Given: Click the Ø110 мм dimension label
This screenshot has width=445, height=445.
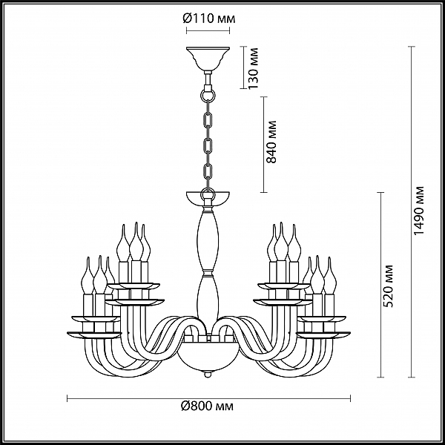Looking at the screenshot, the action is (x=208, y=19).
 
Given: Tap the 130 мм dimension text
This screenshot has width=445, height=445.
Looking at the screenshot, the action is (x=253, y=68).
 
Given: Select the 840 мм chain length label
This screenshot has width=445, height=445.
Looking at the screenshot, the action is (x=271, y=142).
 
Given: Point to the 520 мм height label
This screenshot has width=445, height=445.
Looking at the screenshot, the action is (x=387, y=286).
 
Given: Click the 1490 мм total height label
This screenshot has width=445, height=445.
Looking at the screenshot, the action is (x=418, y=211).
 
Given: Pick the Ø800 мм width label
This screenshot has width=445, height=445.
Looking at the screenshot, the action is (x=207, y=406).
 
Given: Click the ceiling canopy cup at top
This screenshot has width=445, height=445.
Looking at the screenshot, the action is (x=208, y=59).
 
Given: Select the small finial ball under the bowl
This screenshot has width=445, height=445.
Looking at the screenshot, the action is (x=208, y=375).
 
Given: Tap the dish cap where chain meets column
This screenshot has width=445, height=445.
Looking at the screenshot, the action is (x=208, y=198).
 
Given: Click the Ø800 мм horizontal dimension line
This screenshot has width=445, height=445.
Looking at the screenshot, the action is (x=208, y=398).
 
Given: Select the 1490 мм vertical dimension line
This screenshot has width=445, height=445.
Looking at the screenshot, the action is (x=411, y=211).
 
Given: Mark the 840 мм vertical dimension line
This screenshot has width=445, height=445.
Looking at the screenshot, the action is (x=264, y=145).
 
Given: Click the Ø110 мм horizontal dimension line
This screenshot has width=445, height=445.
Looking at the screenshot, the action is (x=208, y=30).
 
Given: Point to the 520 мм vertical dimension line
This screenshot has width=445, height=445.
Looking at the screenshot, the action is (x=380, y=285).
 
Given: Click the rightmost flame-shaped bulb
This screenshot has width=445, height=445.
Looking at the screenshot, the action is (x=330, y=276).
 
